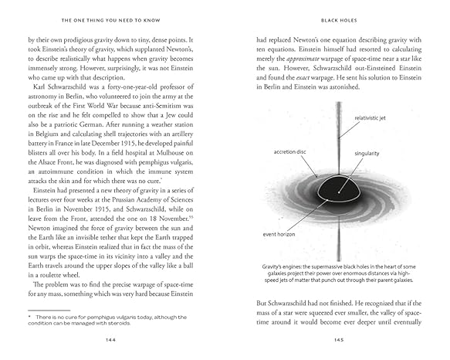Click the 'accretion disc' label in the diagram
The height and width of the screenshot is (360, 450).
[289, 152]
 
